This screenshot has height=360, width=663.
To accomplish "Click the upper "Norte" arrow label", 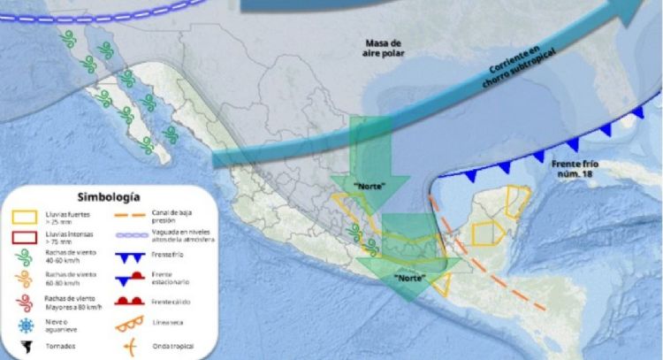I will pyautogui.click(x=368, y=186).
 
